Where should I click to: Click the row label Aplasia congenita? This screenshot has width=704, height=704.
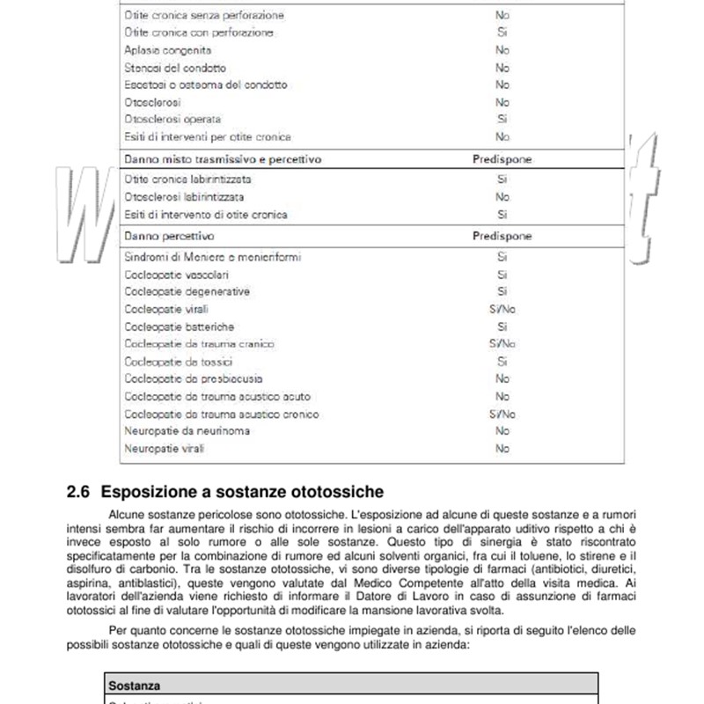(x=168, y=50)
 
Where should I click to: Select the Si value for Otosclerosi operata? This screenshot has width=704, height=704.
(x=502, y=119)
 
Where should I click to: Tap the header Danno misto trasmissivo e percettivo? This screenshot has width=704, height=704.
(x=223, y=160)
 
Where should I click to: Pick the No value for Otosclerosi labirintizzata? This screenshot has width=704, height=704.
(x=502, y=197)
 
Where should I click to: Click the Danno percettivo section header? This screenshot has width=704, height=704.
(x=169, y=237)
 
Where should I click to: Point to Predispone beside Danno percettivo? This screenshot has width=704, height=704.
(x=502, y=237)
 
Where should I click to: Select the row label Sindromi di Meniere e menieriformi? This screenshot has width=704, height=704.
(x=212, y=257)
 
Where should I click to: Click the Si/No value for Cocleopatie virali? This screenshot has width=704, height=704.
(x=502, y=309)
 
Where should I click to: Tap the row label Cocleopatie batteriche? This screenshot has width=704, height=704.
(x=180, y=326)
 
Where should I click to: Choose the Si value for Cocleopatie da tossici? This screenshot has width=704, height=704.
(x=502, y=362)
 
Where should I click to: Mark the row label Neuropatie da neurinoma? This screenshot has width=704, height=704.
(x=187, y=431)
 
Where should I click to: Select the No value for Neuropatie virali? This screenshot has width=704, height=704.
(x=502, y=449)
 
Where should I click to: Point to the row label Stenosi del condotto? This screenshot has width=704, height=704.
(x=175, y=68)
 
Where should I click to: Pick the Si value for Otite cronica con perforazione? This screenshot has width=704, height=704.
(x=502, y=33)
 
